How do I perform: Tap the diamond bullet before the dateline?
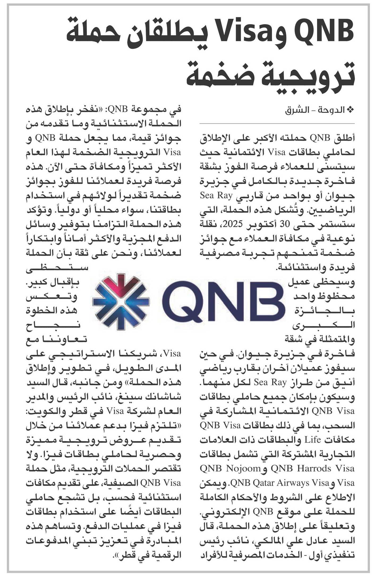[x=351, y=110]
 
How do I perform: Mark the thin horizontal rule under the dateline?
[x=277, y=124]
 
